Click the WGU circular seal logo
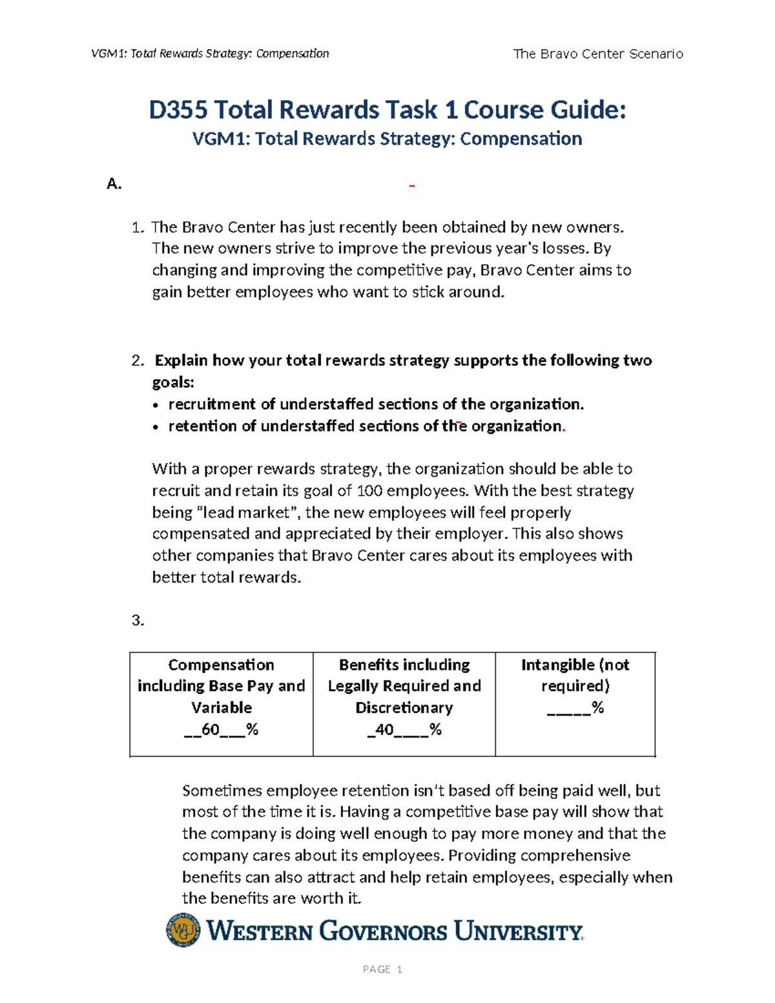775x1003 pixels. point(183,930)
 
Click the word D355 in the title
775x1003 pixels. point(178,110)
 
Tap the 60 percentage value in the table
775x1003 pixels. point(211,729)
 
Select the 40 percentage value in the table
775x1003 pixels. point(384,729)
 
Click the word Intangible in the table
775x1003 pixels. point(557,665)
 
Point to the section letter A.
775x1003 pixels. point(114,184)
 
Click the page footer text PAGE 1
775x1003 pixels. point(382,969)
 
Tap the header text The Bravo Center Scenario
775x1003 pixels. point(597,54)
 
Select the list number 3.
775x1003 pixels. point(137,621)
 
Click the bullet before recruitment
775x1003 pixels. point(156,406)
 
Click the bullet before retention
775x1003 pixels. point(156,428)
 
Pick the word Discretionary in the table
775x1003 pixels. point(404,707)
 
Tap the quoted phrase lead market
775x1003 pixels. point(245,513)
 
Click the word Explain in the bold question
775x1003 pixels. point(181,360)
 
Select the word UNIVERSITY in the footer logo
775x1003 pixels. point(518,931)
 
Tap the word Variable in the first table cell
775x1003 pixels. point(222,707)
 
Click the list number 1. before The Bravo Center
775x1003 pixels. point(137,227)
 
